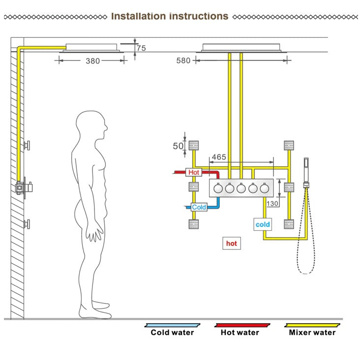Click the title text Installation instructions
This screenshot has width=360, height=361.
click(x=170, y=16)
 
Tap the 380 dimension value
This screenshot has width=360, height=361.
click(x=92, y=61)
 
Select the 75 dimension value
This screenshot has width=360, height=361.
click(x=142, y=48)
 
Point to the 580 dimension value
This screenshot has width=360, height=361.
click(x=183, y=60)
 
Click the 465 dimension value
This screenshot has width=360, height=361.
click(x=218, y=157)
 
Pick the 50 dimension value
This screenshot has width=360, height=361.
click(x=178, y=146)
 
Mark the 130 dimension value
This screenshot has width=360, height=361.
click(x=272, y=203)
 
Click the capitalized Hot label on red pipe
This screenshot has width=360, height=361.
click(x=194, y=173)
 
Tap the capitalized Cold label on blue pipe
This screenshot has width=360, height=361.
click(x=199, y=207)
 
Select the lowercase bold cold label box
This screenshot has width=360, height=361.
click(x=263, y=224)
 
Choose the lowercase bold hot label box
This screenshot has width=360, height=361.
click(x=231, y=243)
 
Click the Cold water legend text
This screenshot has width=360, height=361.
click(x=172, y=332)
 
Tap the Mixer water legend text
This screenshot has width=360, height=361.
click(x=312, y=332)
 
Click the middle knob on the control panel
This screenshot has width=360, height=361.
click(x=241, y=188)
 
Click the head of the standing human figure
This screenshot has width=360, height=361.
click(x=92, y=127)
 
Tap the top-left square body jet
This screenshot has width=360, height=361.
click(x=193, y=146)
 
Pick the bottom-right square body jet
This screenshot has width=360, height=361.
click(x=289, y=224)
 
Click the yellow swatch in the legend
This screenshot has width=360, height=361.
click(x=313, y=325)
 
